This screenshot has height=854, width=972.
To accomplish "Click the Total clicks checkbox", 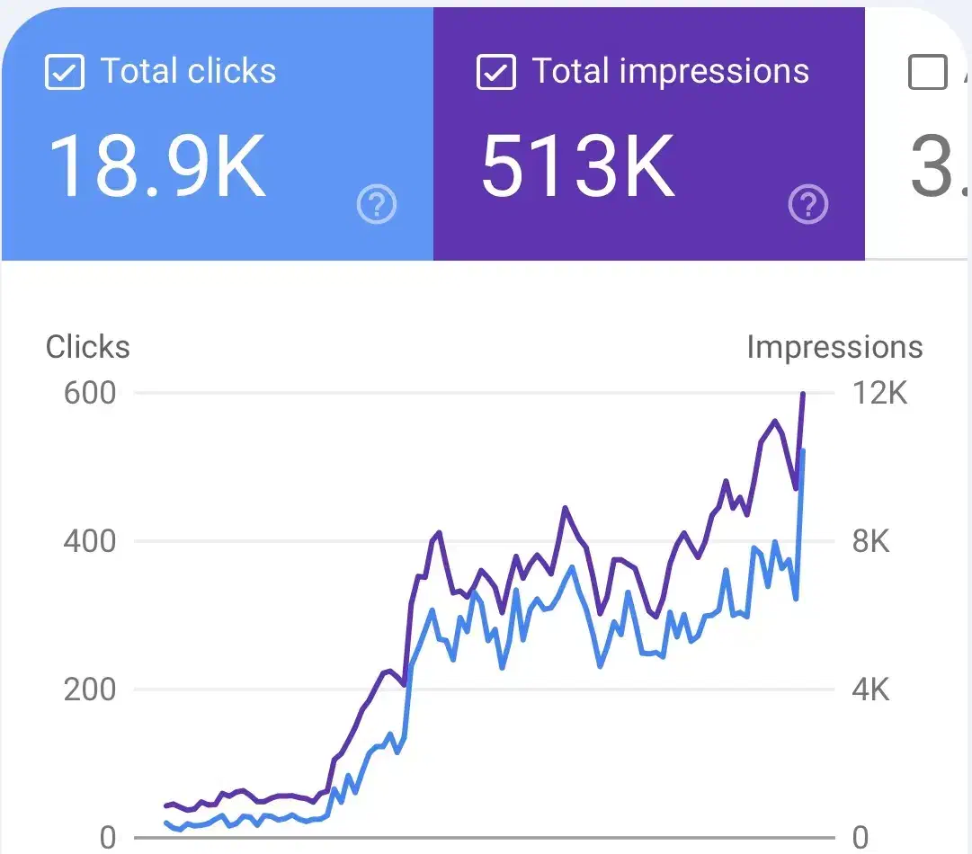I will click(x=65, y=72).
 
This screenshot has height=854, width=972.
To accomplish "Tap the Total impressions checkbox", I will click(x=495, y=72).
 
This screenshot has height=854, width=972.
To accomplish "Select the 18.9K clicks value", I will click(x=157, y=166).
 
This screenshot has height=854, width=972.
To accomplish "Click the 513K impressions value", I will click(x=577, y=166).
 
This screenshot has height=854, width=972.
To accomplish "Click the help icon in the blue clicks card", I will click(x=377, y=206).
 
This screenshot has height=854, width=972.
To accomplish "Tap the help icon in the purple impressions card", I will click(x=807, y=206).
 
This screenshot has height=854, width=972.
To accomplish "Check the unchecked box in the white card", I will click(x=928, y=72).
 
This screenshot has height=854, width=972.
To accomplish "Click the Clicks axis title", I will click(x=88, y=348).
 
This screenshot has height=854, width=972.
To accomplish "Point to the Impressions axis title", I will click(x=834, y=348).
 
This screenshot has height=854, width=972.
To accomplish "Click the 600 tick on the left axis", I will click(x=90, y=394).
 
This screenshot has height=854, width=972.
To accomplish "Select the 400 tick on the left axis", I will click(x=90, y=542).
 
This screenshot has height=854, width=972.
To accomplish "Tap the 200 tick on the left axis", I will click(x=90, y=690).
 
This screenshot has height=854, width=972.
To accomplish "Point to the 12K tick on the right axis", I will click(x=878, y=394).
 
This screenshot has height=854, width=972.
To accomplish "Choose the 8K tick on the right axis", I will click(x=870, y=542).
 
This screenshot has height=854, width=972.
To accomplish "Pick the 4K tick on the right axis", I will click(x=870, y=690).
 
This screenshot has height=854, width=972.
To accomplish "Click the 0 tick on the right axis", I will click(x=861, y=839).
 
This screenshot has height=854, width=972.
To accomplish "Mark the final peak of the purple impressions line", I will click(x=803, y=394).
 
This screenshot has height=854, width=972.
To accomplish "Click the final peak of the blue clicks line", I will click(x=802, y=450).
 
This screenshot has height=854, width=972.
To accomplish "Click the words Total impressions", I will click(x=671, y=72).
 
